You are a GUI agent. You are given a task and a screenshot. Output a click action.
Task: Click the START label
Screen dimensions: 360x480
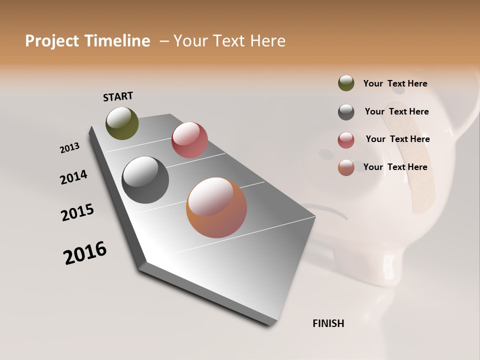[118, 96]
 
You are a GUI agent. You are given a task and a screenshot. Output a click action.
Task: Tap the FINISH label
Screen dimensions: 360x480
[328, 323]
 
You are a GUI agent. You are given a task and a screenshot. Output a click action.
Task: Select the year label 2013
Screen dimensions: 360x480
[69, 148]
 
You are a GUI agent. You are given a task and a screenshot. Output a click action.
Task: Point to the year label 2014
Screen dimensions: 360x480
[73, 177]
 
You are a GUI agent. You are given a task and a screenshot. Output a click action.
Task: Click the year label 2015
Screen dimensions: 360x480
[77, 212]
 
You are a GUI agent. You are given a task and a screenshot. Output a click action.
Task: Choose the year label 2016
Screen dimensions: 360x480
[85, 253]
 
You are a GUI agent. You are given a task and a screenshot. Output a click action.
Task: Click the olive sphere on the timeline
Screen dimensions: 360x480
[122, 123]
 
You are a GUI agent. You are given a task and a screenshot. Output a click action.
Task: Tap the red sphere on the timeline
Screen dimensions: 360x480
[189, 140]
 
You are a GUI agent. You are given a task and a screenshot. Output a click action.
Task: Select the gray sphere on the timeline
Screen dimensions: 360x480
[145, 180]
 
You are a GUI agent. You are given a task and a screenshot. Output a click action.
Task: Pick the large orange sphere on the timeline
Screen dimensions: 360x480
[216, 207]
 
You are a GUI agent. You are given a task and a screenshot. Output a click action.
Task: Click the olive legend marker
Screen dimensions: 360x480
[346, 83]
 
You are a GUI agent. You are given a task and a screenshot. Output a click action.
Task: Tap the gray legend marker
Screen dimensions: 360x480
[346, 112]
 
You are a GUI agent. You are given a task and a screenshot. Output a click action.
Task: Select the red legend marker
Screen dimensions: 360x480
[346, 140]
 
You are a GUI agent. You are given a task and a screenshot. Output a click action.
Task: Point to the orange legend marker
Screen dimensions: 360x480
[346, 167]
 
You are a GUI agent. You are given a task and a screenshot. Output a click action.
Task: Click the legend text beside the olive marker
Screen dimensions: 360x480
[395, 84]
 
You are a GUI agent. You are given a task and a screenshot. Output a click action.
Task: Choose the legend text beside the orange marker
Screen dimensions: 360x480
[395, 167]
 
